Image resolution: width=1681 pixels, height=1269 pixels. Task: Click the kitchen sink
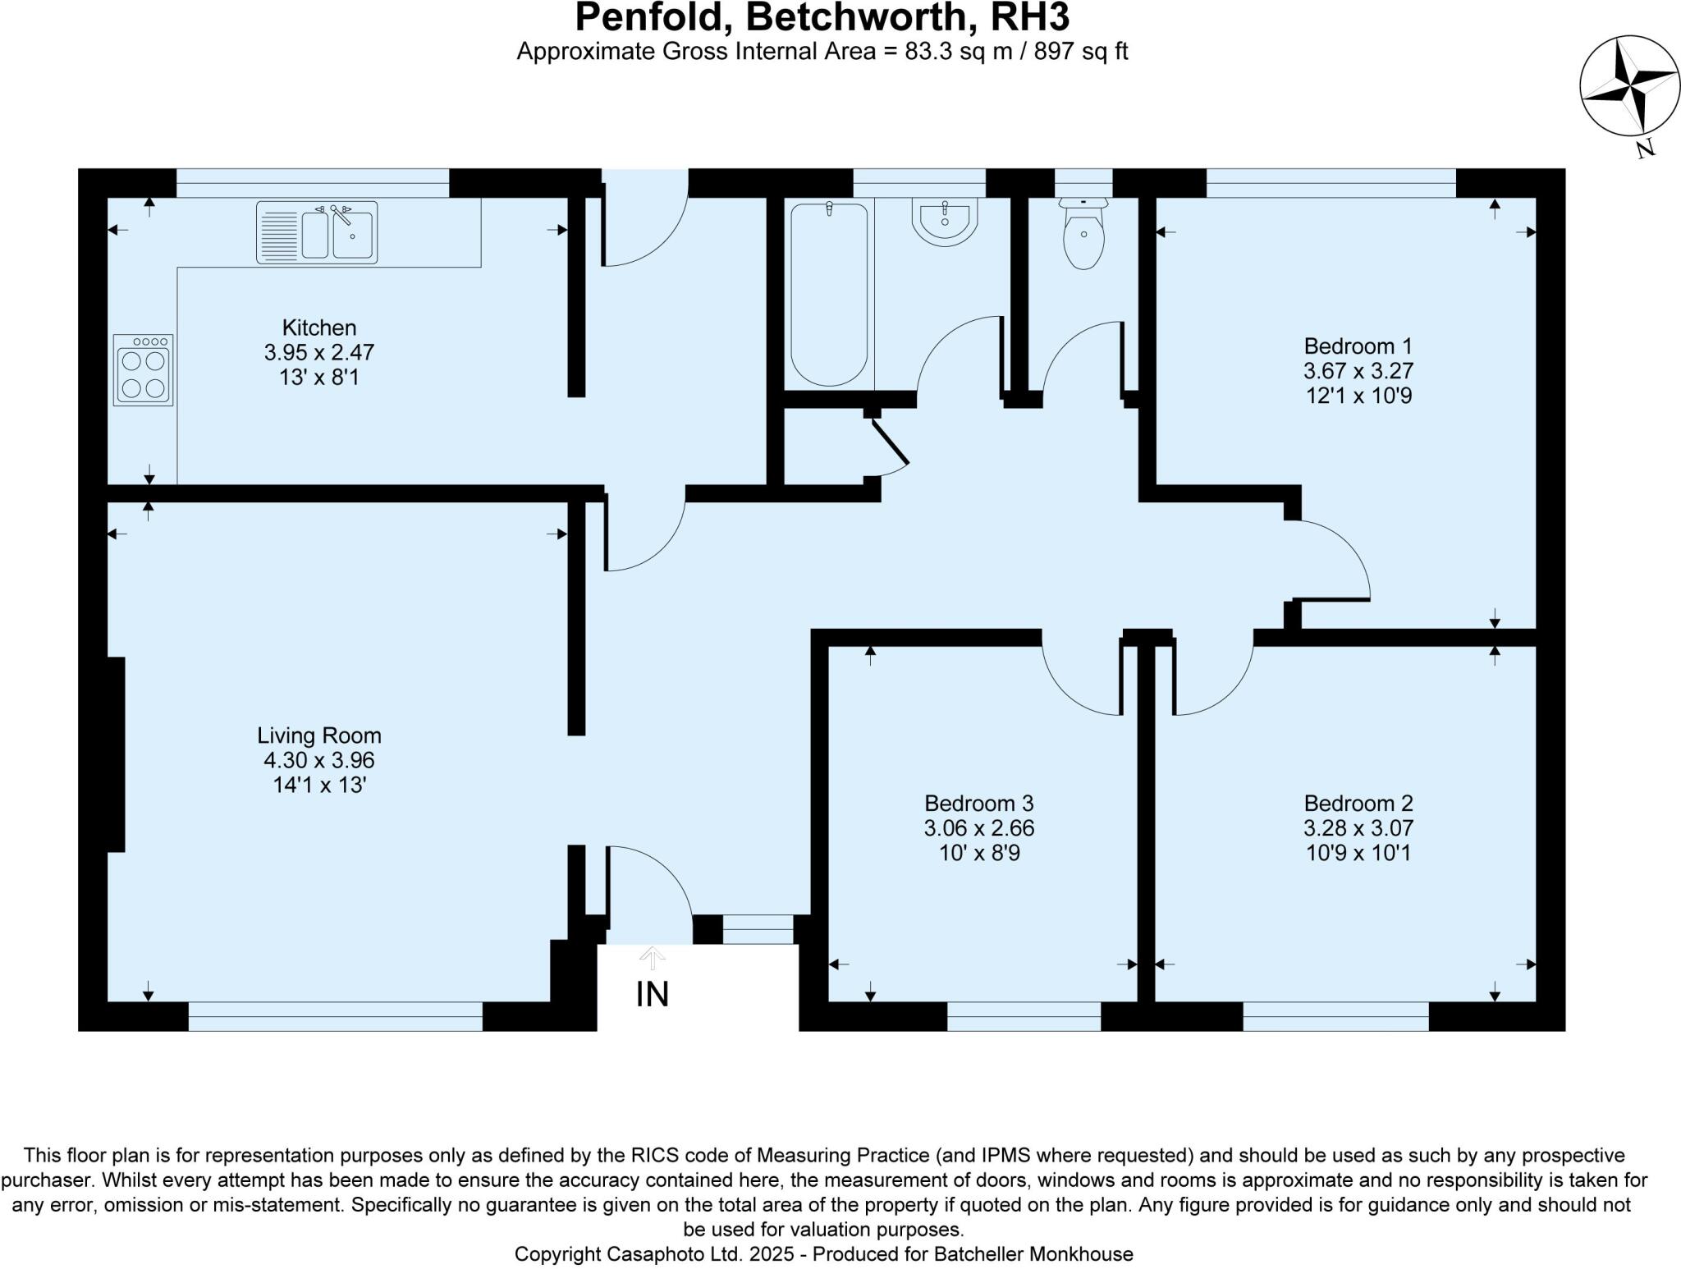click(x=317, y=232)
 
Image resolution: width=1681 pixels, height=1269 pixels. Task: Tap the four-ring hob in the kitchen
click(x=144, y=370)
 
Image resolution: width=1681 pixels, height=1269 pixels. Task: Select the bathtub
click(x=828, y=294)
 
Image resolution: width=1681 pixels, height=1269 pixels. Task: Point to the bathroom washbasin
click(x=945, y=222)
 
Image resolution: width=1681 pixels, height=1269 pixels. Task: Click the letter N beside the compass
click(x=1644, y=149)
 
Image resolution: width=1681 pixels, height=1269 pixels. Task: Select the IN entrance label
click(x=653, y=994)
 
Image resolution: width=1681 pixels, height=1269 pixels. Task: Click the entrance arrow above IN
click(x=653, y=957)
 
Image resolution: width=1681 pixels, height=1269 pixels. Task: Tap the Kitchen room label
click(x=319, y=328)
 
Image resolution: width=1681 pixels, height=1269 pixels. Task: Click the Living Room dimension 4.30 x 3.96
click(x=319, y=760)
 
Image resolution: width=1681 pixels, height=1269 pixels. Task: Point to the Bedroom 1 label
click(x=1358, y=346)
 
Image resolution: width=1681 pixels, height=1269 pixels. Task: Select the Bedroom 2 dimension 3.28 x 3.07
click(x=1358, y=828)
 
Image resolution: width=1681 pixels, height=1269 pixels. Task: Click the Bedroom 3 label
click(x=978, y=803)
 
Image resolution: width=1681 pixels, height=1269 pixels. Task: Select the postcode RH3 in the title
click(x=1030, y=18)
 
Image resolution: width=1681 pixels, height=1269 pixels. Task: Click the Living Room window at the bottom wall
click(x=336, y=1016)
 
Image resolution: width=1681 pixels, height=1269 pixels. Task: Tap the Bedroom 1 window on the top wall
click(x=1331, y=183)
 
